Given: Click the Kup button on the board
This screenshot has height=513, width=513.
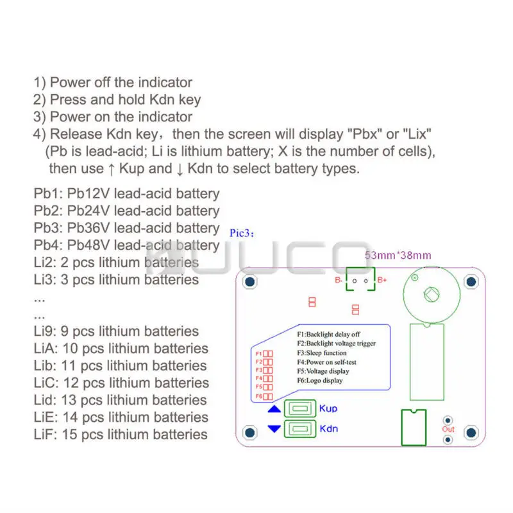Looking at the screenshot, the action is tap(300, 408).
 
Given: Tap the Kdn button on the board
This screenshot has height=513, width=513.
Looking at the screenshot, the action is tap(300, 429).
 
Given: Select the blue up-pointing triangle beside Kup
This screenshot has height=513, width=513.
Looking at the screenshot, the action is tap(274, 409).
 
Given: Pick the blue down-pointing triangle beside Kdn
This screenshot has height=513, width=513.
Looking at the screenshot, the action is tap(274, 428).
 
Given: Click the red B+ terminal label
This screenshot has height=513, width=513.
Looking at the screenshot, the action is tap(382, 280).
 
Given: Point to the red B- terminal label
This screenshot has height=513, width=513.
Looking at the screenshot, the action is tap(339, 280).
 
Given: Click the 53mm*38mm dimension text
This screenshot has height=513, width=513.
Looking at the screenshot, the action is tap(398, 255).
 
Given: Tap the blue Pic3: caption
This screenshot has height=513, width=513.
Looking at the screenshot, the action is tap(242, 233).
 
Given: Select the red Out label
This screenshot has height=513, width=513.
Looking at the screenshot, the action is tap(448, 429).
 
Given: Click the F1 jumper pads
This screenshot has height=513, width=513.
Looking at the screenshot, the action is tap(268, 354).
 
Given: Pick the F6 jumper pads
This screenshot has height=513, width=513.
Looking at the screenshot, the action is tap(268, 396).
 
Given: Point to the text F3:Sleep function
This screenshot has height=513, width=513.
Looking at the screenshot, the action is tap(322, 353).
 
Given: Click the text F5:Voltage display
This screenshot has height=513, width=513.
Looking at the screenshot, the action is tap(323, 371).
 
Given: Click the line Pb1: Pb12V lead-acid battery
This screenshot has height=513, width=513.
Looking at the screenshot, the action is tap(126, 194).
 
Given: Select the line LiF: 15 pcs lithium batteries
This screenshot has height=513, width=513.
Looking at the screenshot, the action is tap(121, 435).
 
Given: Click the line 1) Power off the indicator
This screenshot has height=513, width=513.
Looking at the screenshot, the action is tap(113, 83).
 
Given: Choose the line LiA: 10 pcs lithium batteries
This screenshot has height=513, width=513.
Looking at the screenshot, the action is tap(121, 348).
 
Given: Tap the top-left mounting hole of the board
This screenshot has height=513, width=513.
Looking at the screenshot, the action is tap(250, 282).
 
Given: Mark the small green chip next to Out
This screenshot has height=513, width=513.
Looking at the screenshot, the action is tap(414, 428).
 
